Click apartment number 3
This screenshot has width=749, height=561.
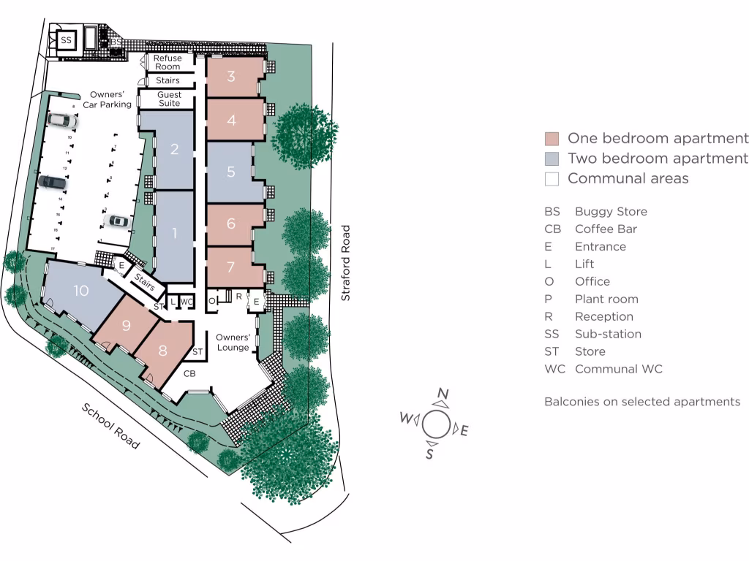click(x=231, y=76)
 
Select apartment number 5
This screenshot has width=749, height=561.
click(x=231, y=172)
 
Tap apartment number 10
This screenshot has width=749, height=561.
click(x=80, y=291)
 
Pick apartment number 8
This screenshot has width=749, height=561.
click(x=162, y=350)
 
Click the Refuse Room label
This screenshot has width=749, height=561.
click(x=168, y=62)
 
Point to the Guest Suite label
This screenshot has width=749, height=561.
click(x=169, y=99)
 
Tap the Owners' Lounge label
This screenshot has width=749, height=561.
click(x=233, y=342)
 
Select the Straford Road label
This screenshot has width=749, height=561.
click(x=347, y=262)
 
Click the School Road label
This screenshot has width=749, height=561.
click(x=110, y=426)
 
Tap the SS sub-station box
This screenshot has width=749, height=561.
click(x=67, y=40)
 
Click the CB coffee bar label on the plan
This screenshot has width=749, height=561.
click(x=189, y=373)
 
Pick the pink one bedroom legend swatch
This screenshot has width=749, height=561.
click(x=552, y=139)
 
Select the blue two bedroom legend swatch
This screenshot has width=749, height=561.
click(x=552, y=159)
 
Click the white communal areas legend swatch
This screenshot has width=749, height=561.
click(x=552, y=178)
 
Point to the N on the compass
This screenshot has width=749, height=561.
click(x=443, y=394)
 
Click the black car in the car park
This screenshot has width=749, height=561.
click(x=52, y=181)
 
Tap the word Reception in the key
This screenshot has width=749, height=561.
click(x=603, y=316)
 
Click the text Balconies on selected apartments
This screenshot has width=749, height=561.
click(x=641, y=402)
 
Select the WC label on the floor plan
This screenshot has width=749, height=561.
click(x=187, y=301)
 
